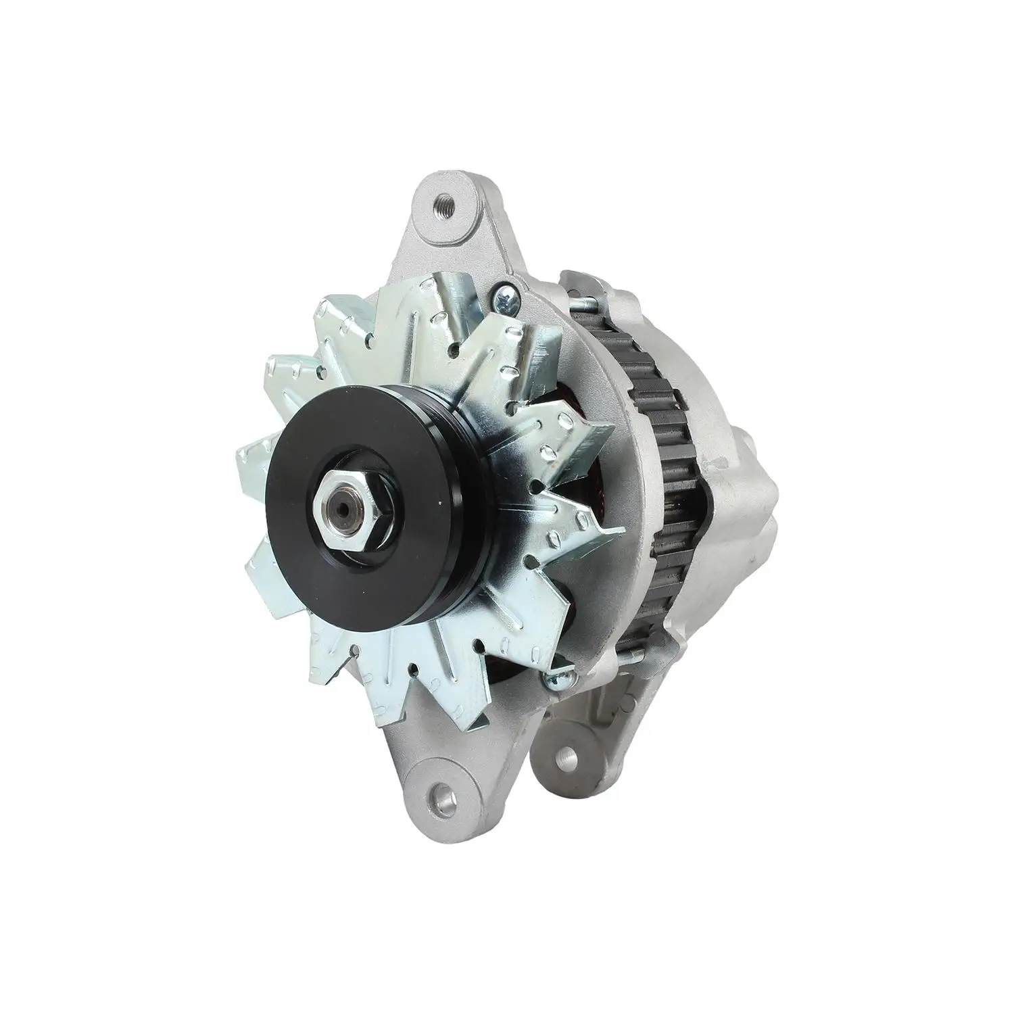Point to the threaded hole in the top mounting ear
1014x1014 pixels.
[x=444, y=201]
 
